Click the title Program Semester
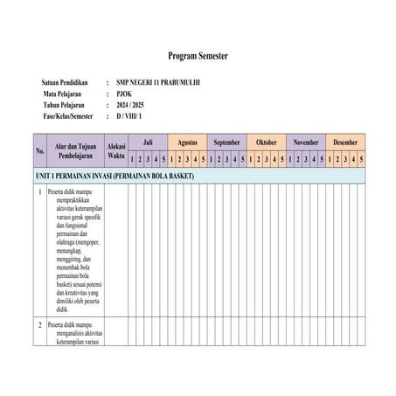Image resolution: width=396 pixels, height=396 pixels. [x=198, y=55]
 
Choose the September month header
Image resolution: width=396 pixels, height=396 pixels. [x=226, y=141]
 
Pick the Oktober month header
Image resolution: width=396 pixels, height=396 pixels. [x=266, y=141]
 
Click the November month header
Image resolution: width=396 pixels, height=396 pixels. [x=306, y=141]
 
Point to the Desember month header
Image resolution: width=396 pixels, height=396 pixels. [x=345, y=141]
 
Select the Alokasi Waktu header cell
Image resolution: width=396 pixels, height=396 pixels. [x=115, y=149]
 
